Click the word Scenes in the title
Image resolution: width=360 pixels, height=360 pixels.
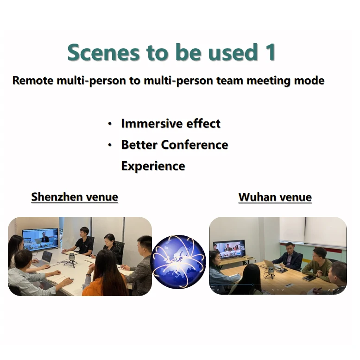[x=103, y=52]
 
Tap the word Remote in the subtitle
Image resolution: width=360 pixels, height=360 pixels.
[x=33, y=80]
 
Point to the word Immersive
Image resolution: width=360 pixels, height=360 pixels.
[x=151, y=124]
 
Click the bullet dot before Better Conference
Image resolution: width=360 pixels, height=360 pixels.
[x=110, y=145]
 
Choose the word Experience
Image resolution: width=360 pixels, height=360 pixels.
[x=153, y=166]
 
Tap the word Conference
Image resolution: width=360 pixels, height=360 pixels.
[x=195, y=145]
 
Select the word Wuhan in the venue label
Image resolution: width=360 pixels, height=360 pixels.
[x=257, y=197]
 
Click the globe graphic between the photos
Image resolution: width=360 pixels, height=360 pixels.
[x=178, y=261]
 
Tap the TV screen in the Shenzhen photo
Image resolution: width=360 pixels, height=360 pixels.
[x=41, y=239]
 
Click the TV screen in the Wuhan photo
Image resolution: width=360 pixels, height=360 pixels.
[x=229, y=249]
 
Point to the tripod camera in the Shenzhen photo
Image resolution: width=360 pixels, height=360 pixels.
[x=71, y=259]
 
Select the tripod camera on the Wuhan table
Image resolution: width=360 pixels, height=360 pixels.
[x=271, y=272]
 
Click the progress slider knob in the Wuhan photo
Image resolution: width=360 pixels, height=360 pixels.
[x=253, y=284]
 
